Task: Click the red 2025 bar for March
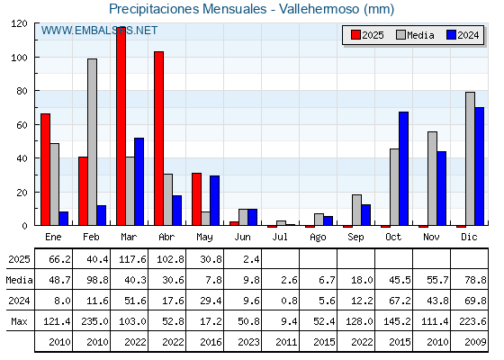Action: tap(121, 126)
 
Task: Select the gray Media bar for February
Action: tap(92, 142)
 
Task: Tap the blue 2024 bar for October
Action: tap(404, 169)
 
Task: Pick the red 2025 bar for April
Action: tap(158, 139)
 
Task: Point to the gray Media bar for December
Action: tap(470, 158)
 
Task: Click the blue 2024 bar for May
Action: tap(215, 201)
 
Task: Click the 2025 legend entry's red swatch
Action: tap(355, 35)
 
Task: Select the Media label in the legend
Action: tap(420, 35)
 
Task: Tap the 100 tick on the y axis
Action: tap(19, 58)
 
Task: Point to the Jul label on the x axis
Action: tap(280, 237)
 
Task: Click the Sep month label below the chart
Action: tap(355, 238)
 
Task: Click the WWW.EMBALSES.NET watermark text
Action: tap(99, 31)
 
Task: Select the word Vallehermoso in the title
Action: tap(319, 9)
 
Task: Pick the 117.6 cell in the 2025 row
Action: tap(132, 259)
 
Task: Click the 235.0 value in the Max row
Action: tap(94, 321)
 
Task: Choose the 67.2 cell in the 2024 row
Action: tap(400, 301)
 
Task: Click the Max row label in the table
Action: tap(19, 321)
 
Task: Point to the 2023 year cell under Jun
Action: tap(248, 342)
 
